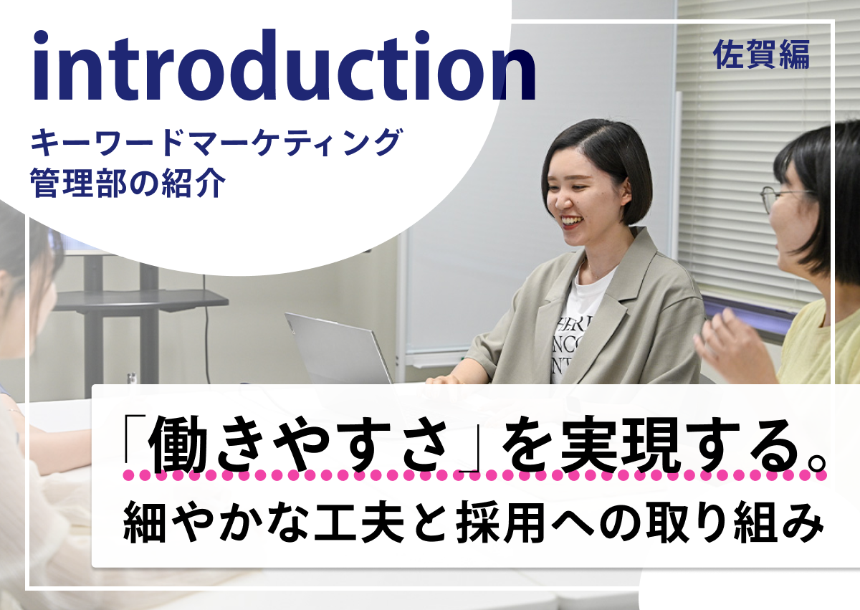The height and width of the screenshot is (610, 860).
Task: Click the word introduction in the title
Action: click(x=284, y=66)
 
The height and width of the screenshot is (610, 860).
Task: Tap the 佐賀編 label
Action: click(x=761, y=55)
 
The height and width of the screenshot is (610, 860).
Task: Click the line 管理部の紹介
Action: click(x=128, y=184)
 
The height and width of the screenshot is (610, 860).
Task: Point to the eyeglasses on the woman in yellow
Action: click(x=783, y=198)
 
